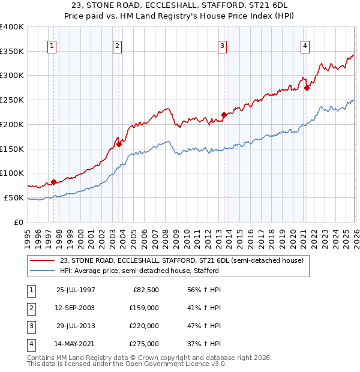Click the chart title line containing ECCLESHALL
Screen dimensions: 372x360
(180, 5)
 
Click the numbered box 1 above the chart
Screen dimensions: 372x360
(52, 46)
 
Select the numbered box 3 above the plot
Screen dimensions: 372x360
(222, 46)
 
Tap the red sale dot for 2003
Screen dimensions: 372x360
(119, 144)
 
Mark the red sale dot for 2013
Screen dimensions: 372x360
(224, 114)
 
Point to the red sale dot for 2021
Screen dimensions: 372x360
(307, 88)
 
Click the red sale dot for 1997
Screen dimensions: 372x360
(54, 181)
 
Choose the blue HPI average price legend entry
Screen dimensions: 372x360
(139, 271)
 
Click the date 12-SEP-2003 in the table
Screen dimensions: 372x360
(76, 308)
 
